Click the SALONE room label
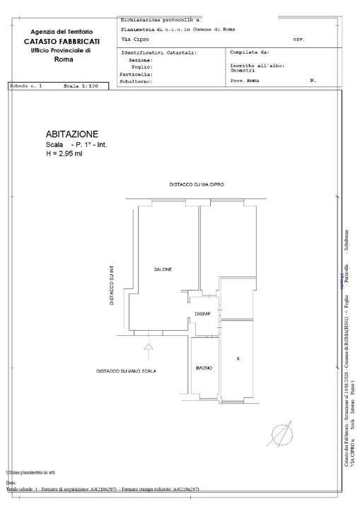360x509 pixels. click(x=163, y=269)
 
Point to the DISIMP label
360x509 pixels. click(x=203, y=315)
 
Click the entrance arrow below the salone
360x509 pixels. click(x=148, y=348)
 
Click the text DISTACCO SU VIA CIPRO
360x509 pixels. click(x=197, y=184)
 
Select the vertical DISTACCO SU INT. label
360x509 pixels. click(x=111, y=286)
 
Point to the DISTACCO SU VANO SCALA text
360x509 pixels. click(x=127, y=370)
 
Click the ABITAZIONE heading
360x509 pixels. click(x=72, y=134)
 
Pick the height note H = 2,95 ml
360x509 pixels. click(x=64, y=153)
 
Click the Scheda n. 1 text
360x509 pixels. click(x=27, y=86)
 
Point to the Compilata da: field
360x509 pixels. click(x=250, y=52)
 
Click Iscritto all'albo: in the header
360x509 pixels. click(x=256, y=66)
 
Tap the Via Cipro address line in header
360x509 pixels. click(x=134, y=40)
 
